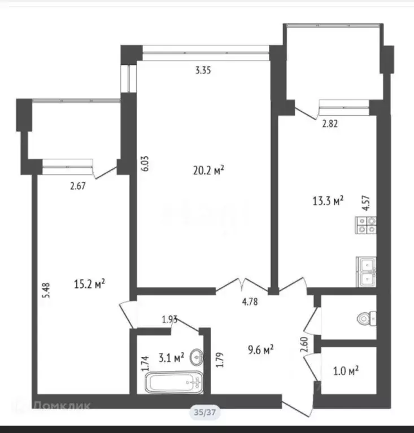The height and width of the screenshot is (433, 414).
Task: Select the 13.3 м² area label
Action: pyautogui.click(x=328, y=201)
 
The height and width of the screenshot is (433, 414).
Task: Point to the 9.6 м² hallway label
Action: pyautogui.click(x=261, y=350)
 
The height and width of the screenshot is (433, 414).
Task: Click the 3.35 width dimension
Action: pyautogui.click(x=204, y=71)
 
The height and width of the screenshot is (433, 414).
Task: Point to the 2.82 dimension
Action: pyautogui.click(x=330, y=125)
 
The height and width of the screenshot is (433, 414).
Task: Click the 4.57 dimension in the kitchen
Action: pyautogui.click(x=365, y=203)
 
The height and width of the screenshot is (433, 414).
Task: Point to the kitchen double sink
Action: pyautogui.click(x=366, y=272)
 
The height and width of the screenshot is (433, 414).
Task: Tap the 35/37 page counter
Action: pyautogui.click(x=204, y=413)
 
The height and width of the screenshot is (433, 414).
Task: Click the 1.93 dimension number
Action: pyautogui.click(x=171, y=320)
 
